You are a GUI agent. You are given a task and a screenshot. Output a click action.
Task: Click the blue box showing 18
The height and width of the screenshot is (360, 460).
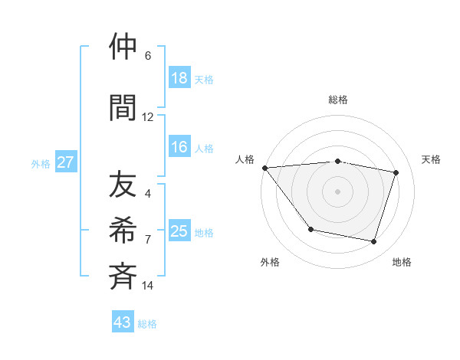[x=179, y=78]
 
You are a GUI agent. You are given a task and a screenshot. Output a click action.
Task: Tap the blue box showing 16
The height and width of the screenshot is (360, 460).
[x=179, y=148]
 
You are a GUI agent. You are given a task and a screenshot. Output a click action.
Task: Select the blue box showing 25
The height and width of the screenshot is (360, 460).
[x=179, y=231]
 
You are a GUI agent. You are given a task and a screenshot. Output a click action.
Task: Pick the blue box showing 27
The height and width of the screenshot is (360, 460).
[x=66, y=162]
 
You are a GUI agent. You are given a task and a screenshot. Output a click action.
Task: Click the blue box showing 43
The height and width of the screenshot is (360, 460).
[x=123, y=322]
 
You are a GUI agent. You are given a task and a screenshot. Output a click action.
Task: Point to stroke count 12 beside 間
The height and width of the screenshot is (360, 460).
[x=148, y=117]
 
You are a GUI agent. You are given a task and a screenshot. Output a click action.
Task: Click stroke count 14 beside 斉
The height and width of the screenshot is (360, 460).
[x=148, y=286]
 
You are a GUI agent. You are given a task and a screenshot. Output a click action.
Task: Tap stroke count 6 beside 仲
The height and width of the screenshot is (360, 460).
[x=148, y=56]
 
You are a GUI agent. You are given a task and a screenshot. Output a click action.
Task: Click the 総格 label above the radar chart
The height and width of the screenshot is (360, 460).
[x=338, y=100]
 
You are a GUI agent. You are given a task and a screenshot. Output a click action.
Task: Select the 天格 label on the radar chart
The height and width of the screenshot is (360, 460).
[x=431, y=159]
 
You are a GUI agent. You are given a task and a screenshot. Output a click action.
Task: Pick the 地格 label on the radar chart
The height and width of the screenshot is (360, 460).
[x=402, y=262]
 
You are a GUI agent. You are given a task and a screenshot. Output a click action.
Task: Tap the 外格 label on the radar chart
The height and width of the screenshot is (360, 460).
[x=270, y=262]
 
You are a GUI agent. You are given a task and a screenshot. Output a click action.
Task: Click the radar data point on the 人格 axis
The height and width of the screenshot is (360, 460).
[x=264, y=168]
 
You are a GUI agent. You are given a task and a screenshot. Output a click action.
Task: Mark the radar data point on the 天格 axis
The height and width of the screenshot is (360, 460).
[x=396, y=172]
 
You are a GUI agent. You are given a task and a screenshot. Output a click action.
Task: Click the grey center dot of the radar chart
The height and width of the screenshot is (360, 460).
[x=338, y=191]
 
